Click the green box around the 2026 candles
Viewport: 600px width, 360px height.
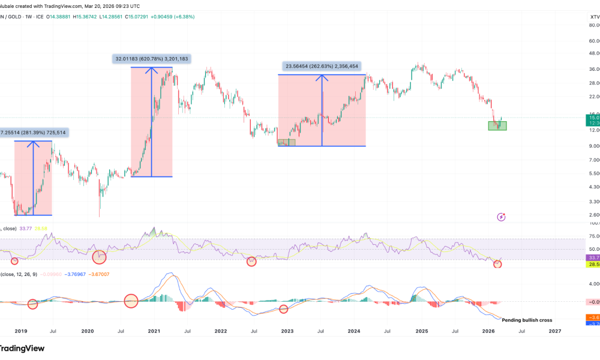(x=497, y=125)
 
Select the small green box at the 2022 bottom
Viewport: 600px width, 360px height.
(x=287, y=142)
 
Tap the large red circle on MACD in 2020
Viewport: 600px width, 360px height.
(x=131, y=301)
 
